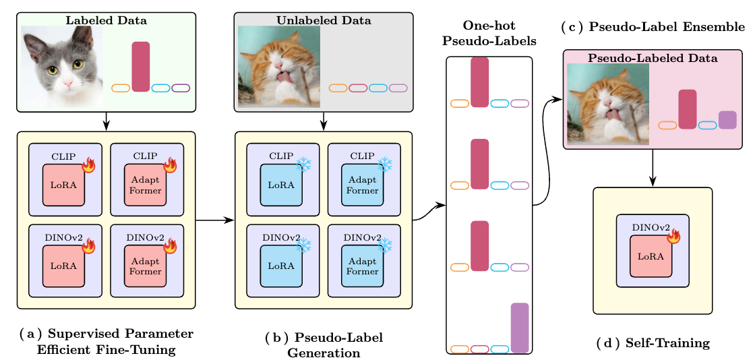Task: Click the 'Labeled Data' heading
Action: click(106, 20)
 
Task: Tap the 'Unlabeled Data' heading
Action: click(323, 20)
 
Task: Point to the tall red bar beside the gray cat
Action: click(141, 67)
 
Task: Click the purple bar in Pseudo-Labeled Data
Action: click(727, 120)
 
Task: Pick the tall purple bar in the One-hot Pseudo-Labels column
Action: click(520, 328)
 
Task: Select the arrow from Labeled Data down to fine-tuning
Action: click(106, 122)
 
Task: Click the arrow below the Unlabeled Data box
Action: click(323, 122)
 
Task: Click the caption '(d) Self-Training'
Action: click(653, 343)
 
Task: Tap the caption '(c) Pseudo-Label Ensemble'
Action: click(653, 28)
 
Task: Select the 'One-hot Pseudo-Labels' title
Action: click(489, 33)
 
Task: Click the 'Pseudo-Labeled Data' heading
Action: click(653, 58)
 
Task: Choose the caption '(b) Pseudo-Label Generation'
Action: click(324, 344)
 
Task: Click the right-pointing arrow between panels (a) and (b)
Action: click(215, 220)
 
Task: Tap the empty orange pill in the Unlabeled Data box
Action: click(338, 88)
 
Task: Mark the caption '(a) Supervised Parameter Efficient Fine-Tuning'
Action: click(106, 341)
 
